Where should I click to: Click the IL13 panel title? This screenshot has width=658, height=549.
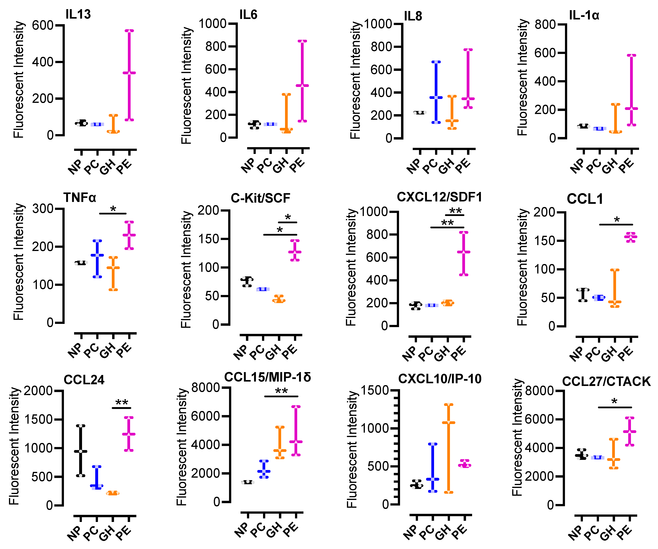(x=78, y=14)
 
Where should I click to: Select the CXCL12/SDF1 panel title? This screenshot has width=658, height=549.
(x=439, y=197)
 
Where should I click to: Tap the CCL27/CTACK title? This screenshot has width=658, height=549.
(x=606, y=381)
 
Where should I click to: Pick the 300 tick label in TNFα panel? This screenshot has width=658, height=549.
(x=43, y=209)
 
